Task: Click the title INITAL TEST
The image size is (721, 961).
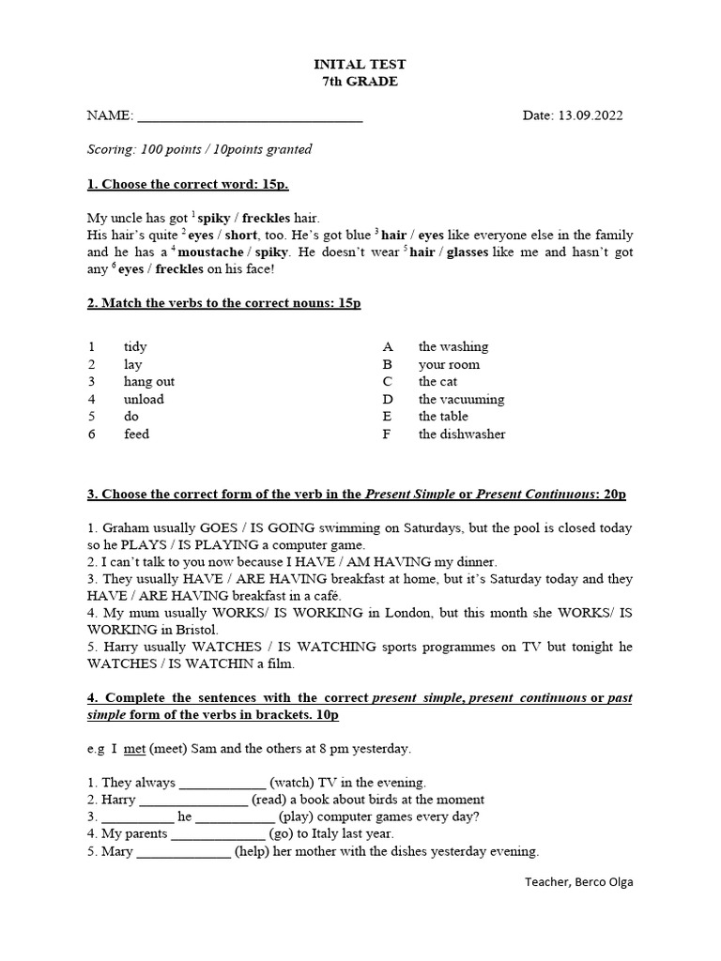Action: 360,64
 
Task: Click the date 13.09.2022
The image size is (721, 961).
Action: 591,115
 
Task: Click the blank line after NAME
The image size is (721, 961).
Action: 250,117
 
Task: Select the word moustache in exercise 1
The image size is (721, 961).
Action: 211,252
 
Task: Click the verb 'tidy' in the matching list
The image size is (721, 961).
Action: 135,346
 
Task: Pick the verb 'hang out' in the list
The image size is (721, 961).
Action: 148,381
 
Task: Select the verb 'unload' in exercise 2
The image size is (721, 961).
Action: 144,399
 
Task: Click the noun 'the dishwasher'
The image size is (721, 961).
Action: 462,434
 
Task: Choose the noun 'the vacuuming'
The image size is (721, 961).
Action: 461,399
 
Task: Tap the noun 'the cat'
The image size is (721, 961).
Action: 437,381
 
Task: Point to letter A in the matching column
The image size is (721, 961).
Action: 387,346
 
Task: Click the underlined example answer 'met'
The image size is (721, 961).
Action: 134,748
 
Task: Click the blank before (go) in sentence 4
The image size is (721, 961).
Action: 218,834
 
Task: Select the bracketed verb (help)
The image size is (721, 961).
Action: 256,851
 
